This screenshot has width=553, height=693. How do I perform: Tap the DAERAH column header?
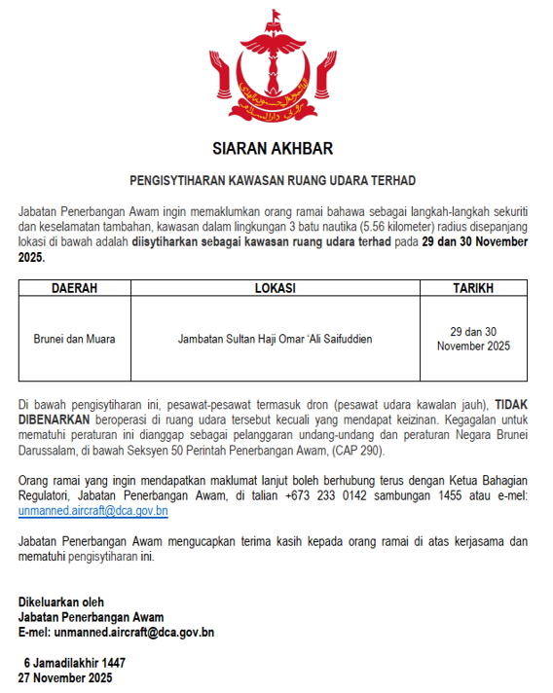74,289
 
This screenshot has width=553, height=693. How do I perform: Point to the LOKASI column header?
275,289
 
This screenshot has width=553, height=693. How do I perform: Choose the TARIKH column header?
473,289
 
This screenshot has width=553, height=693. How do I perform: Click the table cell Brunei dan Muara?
74,339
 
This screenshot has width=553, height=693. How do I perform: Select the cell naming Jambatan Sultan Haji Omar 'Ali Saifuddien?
275,339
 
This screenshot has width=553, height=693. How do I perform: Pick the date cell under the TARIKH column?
473,339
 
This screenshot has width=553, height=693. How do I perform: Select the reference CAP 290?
355,451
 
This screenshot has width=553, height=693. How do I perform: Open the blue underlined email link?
92,510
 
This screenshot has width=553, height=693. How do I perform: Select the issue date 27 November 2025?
65,676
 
